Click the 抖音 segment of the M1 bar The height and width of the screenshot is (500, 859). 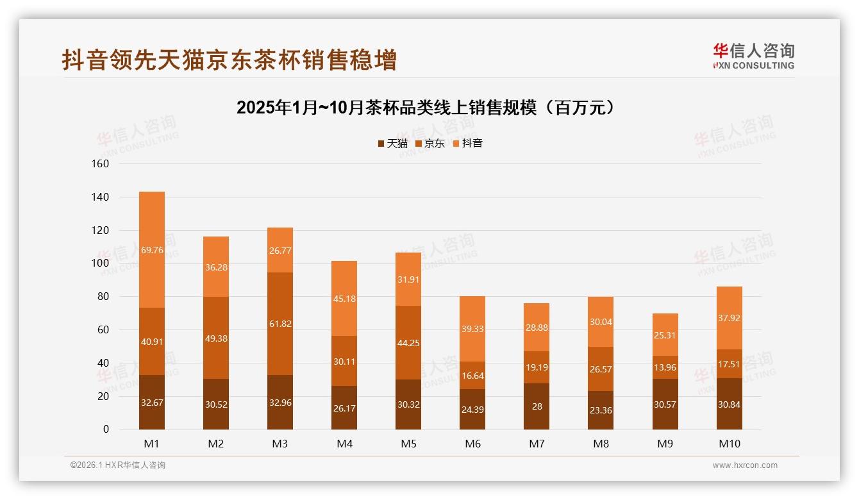[152, 249]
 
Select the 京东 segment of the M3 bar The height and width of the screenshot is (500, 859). [280, 324]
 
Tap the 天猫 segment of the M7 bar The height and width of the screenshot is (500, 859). [537, 406]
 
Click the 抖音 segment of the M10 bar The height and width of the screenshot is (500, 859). [730, 318]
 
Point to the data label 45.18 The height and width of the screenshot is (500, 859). [344, 298]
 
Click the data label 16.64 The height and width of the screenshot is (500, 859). [472, 376]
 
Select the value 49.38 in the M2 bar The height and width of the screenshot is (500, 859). [216, 338]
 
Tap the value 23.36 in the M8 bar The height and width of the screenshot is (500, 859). [601, 411]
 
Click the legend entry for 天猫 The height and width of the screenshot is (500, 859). [392, 143]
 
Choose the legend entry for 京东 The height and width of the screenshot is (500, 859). [430, 143]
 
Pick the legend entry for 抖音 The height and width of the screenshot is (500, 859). [467, 143]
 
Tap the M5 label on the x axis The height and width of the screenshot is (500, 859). [408, 444]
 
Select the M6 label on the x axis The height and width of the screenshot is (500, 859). [472, 444]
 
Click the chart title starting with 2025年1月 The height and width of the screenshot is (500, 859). [429, 108]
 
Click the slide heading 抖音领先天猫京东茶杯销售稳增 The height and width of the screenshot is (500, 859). [229, 60]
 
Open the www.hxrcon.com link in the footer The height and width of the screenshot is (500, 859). [745, 465]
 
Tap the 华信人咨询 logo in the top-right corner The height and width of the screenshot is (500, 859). [753, 55]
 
